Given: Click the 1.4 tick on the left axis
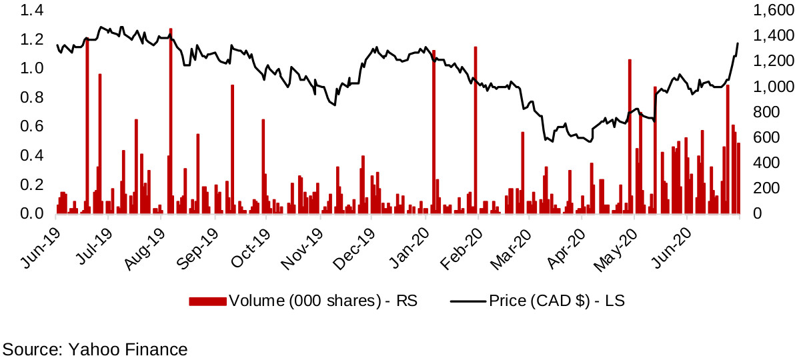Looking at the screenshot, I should tap(34, 11).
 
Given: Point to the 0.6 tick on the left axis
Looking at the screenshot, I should tap(34, 127).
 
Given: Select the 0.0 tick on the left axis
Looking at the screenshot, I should tap(34, 214).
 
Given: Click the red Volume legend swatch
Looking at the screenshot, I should tap(207, 301).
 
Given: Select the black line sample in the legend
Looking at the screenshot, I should tap(468, 301).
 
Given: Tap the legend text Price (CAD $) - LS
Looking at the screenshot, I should tap(557, 301).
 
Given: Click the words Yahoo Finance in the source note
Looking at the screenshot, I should tap(127, 349).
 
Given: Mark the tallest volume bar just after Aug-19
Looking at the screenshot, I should tap(171, 120).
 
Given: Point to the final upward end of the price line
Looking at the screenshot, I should tap(738, 44).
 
